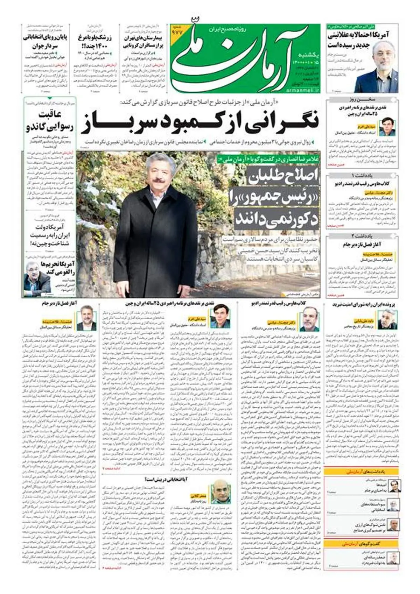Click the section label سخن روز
363,100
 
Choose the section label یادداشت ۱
363,175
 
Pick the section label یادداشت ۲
363,236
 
